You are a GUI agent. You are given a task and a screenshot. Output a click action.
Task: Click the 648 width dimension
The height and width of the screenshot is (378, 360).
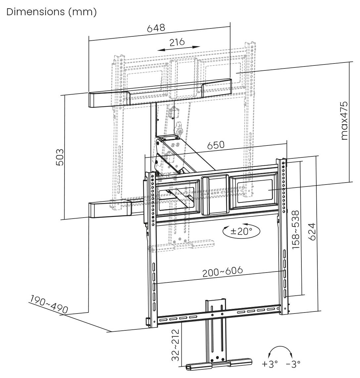(x=156, y=28)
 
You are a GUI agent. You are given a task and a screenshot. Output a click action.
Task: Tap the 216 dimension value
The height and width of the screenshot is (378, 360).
(x=177, y=42)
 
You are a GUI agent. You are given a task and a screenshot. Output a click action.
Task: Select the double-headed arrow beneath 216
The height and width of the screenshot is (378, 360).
(x=178, y=49)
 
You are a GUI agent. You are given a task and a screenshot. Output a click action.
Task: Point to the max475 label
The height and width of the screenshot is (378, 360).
(x=344, y=121)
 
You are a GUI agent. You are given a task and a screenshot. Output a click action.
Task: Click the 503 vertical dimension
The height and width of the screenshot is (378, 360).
(x=60, y=158)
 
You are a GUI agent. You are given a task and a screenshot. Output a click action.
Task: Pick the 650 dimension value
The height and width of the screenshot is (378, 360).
(x=216, y=145)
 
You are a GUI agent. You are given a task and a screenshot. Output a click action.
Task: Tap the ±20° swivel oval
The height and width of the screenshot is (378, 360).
(x=241, y=231)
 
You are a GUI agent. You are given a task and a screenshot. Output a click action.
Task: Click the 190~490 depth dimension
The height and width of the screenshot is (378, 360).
(x=49, y=304)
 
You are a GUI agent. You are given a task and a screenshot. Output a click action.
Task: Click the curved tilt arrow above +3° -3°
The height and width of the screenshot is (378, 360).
(x=281, y=352)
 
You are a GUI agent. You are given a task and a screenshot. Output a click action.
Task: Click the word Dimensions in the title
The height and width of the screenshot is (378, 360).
(x=34, y=12)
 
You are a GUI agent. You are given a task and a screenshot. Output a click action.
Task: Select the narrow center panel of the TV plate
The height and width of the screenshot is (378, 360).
(x=214, y=195)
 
